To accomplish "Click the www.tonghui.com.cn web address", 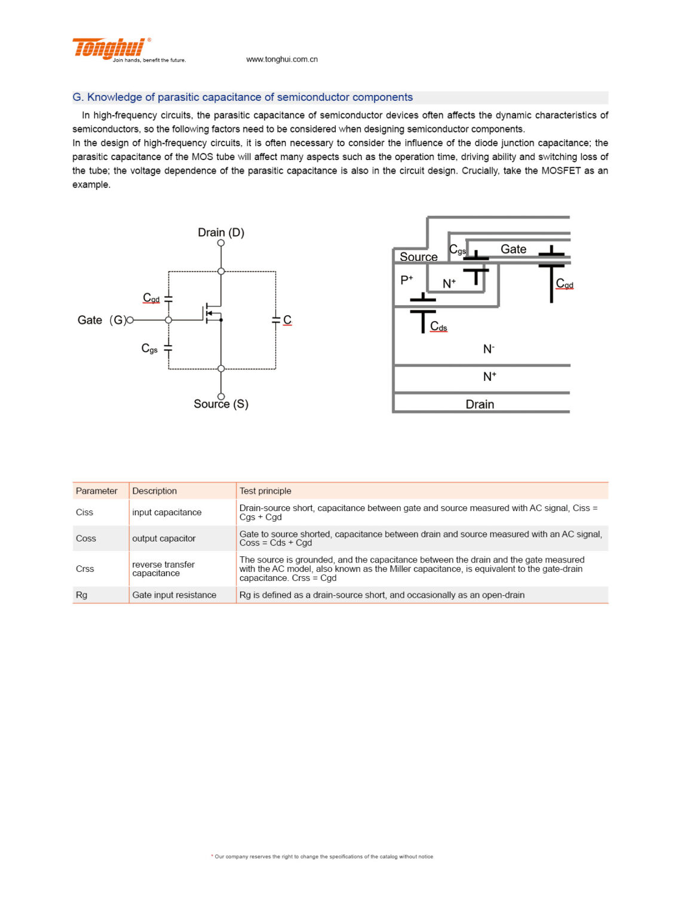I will [281, 59].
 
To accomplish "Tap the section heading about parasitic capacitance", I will [243, 97].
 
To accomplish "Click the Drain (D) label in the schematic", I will [221, 232].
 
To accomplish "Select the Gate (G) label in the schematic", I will [102, 320].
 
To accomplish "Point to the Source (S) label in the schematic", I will [221, 404].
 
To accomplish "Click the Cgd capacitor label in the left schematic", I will [151, 297].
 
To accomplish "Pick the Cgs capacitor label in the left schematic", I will [149, 348].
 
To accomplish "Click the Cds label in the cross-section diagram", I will [438, 327].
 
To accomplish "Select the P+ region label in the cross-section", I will [407, 280].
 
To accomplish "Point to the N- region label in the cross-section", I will [489, 349].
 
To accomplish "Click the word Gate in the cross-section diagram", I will [513, 249].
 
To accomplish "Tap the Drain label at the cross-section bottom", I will [480, 404].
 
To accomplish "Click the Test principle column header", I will [265, 491].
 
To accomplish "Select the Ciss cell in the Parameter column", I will [84, 512].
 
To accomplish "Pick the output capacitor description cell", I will [164, 538].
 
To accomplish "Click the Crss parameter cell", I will [85, 568].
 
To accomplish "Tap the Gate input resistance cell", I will [174, 595].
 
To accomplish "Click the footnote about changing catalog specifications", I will [323, 856].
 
